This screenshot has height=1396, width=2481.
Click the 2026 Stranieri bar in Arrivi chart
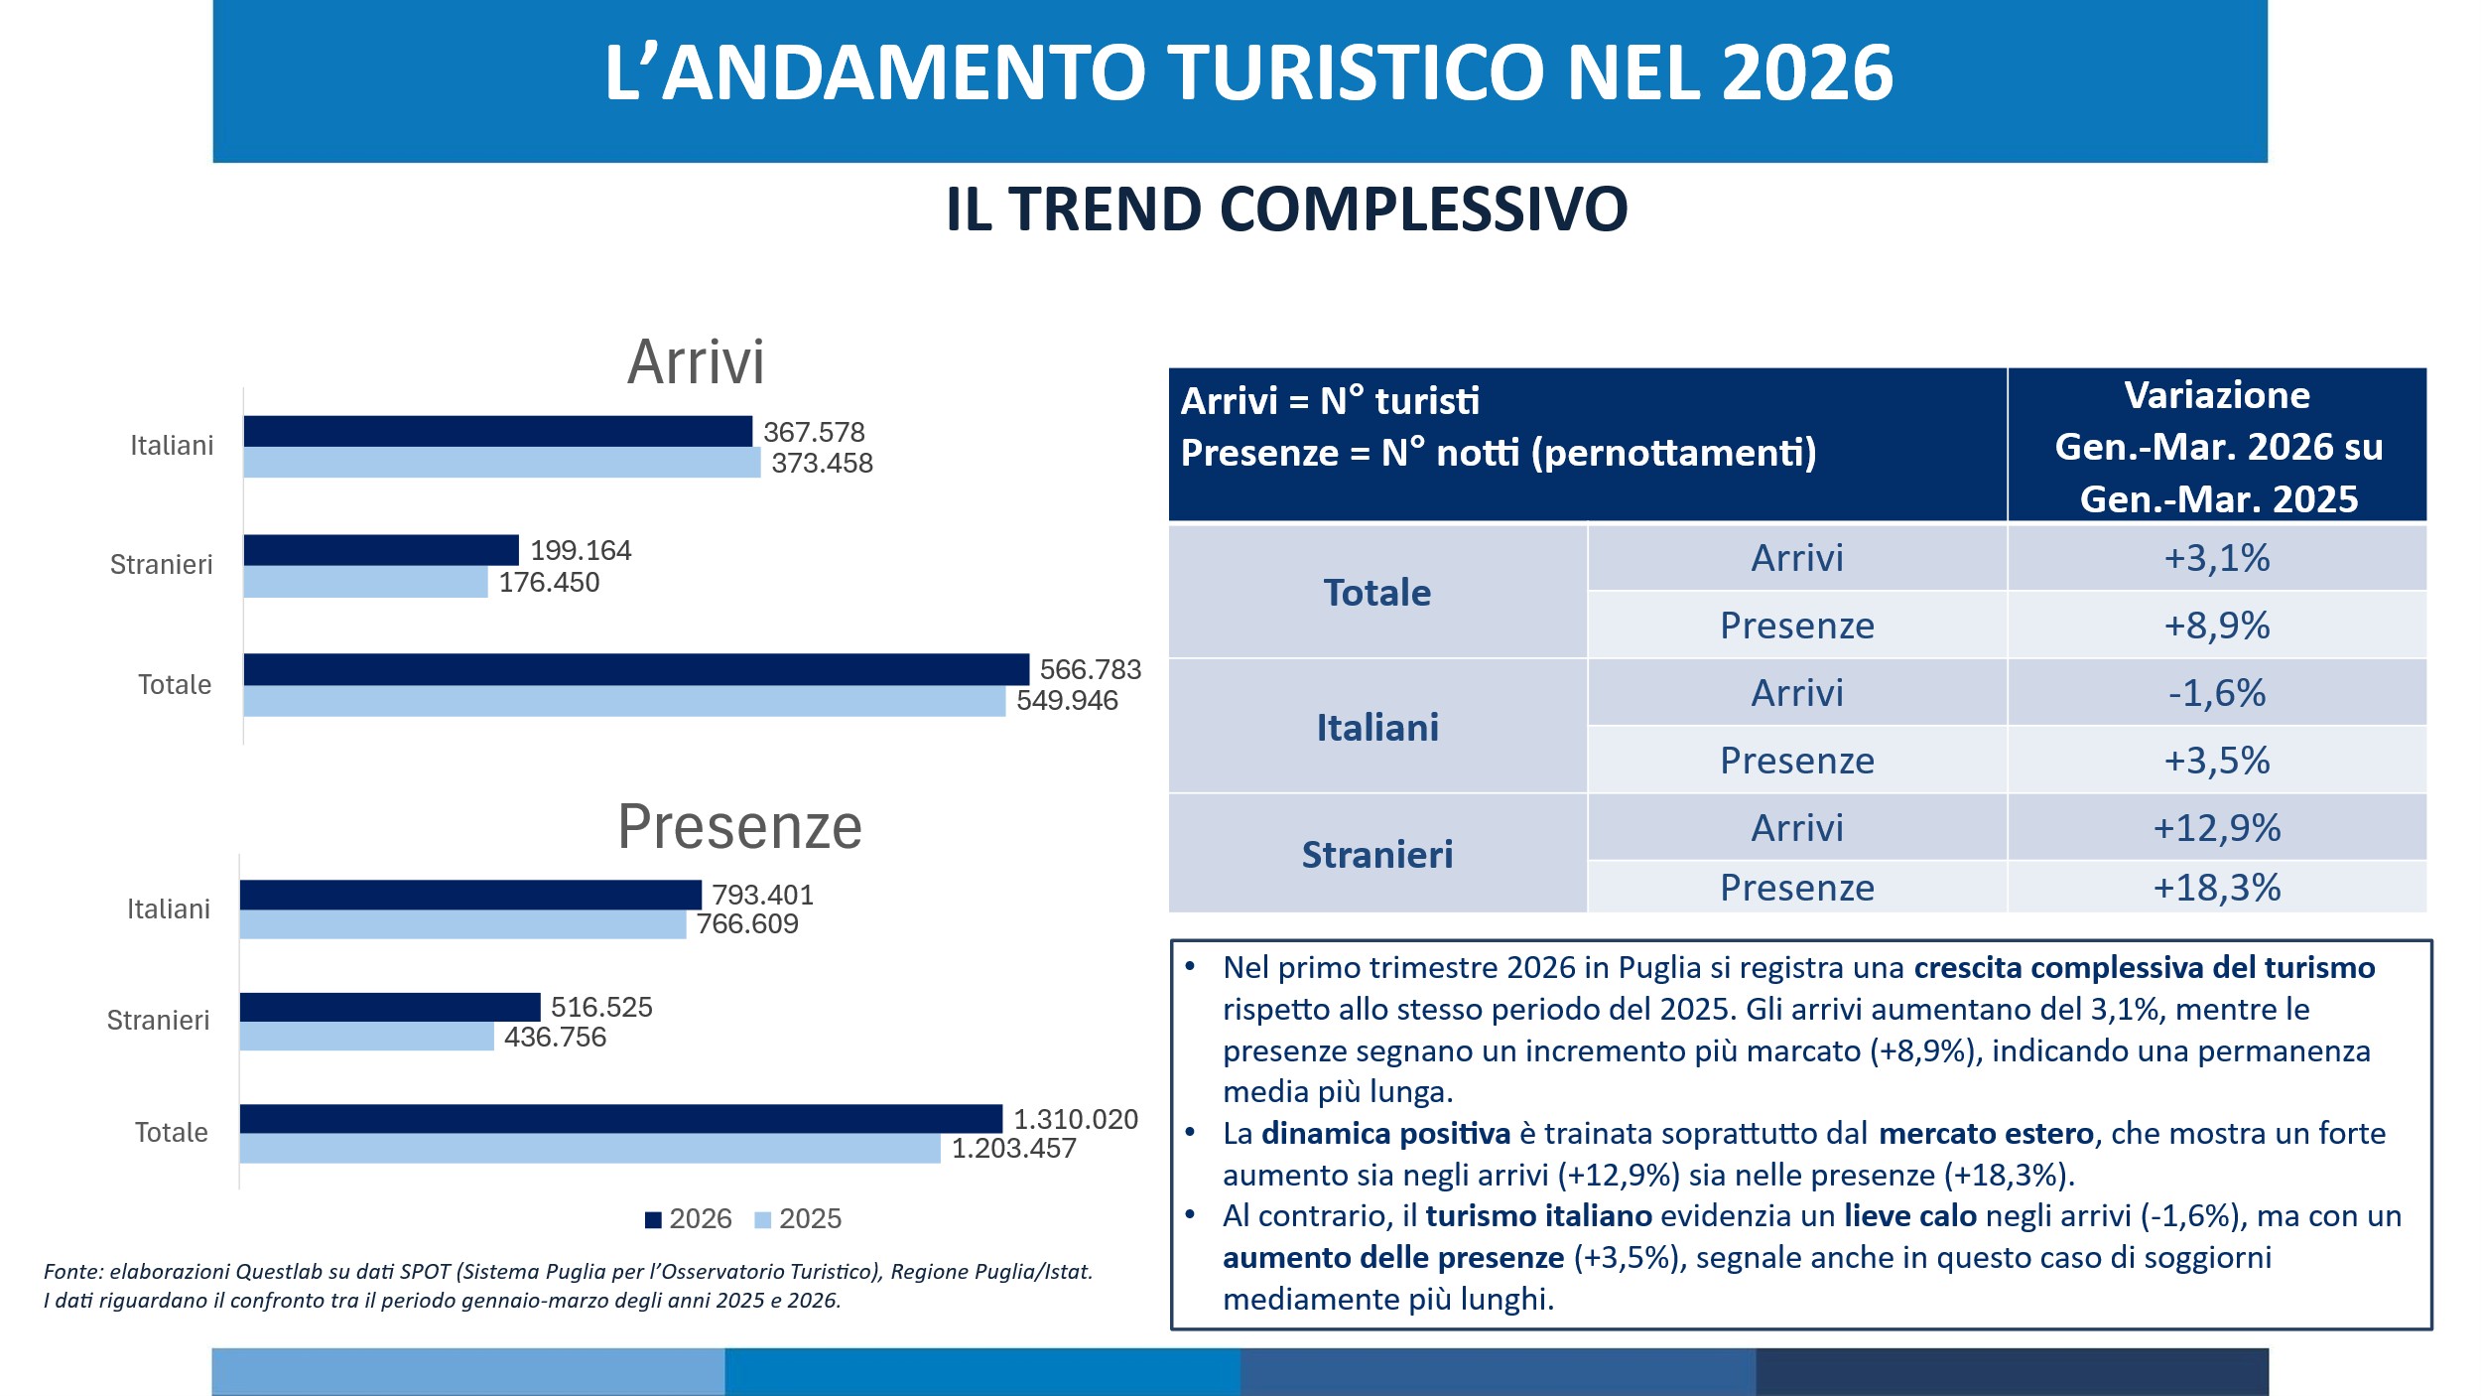pos(381,550)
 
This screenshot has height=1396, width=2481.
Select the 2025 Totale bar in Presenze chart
pos(589,1149)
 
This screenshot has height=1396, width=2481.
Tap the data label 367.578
pos(814,432)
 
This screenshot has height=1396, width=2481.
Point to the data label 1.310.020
pos(1076,1119)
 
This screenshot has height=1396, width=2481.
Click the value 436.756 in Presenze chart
pos(555,1037)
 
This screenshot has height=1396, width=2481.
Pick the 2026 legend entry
pos(689,1219)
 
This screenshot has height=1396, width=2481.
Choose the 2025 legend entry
pos(799,1219)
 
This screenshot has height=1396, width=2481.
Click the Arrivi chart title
pos(696,361)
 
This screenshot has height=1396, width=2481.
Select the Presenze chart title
pos(739,826)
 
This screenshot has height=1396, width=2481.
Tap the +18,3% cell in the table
pos(2216,887)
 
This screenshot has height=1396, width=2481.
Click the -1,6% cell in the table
pos(2216,693)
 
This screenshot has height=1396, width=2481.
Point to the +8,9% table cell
pos(2216,626)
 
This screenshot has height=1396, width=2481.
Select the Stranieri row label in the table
pos(1376,854)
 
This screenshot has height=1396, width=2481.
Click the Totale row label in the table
pos(1376,593)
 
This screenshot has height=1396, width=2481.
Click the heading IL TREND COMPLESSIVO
pos(1286,209)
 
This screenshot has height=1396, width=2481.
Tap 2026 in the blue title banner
pos(1806,73)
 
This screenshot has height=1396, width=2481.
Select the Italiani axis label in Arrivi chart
pos(172,446)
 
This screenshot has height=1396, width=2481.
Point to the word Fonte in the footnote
pos(71,1272)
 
